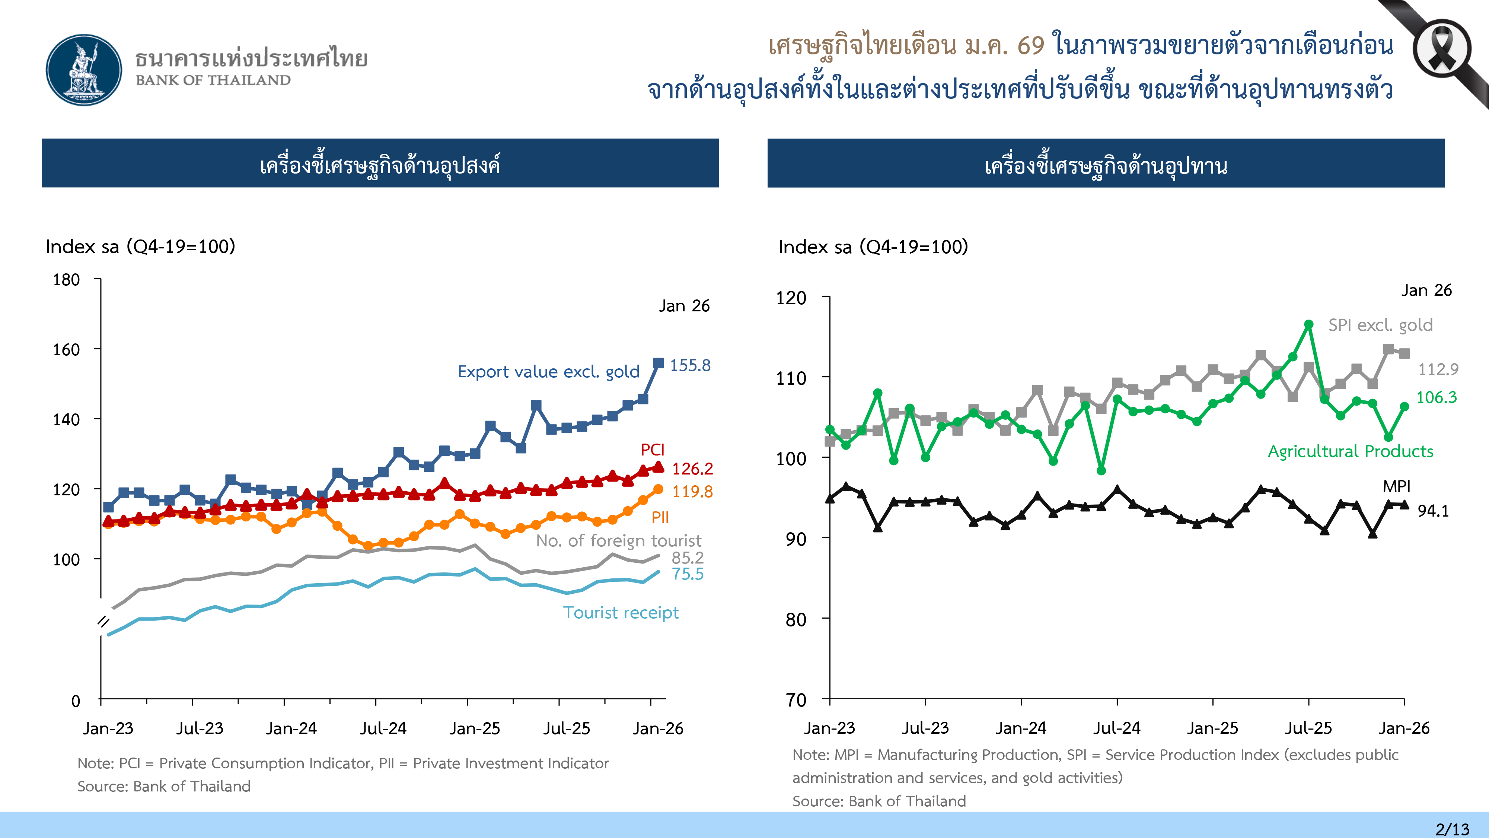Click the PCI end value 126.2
pyautogui.click(x=692, y=469)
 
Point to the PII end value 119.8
pyautogui.click(x=692, y=492)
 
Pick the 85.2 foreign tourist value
pyautogui.click(x=687, y=558)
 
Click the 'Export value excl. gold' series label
pyautogui.click(x=549, y=371)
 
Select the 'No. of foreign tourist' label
pyautogui.click(x=618, y=541)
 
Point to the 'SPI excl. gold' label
pyautogui.click(x=1380, y=325)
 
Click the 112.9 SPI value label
pyautogui.click(x=1438, y=369)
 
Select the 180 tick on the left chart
pyautogui.click(x=67, y=280)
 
